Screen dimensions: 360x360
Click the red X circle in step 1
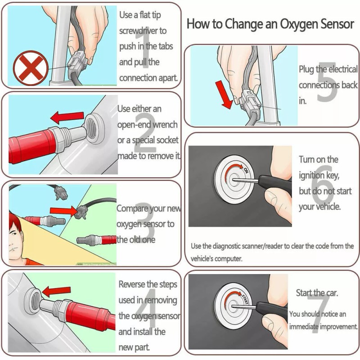coord(30,68)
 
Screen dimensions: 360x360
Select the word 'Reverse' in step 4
coord(132,284)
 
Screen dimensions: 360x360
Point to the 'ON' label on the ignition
coord(246,170)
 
